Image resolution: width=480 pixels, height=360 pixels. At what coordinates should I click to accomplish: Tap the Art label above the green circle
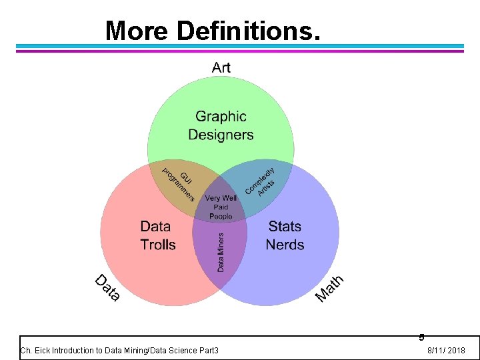221,67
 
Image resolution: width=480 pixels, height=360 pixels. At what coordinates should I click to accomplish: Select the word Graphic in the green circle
221,117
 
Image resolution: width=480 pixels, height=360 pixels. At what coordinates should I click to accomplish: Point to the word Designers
221,135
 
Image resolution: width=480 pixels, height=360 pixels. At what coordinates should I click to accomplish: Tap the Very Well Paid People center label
221,207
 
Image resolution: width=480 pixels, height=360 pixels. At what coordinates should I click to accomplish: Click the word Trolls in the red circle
158,245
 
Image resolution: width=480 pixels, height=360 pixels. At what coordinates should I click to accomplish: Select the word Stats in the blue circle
285,227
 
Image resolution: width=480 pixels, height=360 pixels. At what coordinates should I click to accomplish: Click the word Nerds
285,245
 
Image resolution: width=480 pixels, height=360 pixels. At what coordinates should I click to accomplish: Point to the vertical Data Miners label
221,251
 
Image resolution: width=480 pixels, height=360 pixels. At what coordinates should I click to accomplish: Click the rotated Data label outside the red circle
107,287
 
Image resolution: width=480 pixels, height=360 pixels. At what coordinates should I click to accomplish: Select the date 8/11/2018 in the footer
446,351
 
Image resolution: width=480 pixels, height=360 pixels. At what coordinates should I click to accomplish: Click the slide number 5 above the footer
421,337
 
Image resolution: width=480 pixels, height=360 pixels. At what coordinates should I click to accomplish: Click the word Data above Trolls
155,227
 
